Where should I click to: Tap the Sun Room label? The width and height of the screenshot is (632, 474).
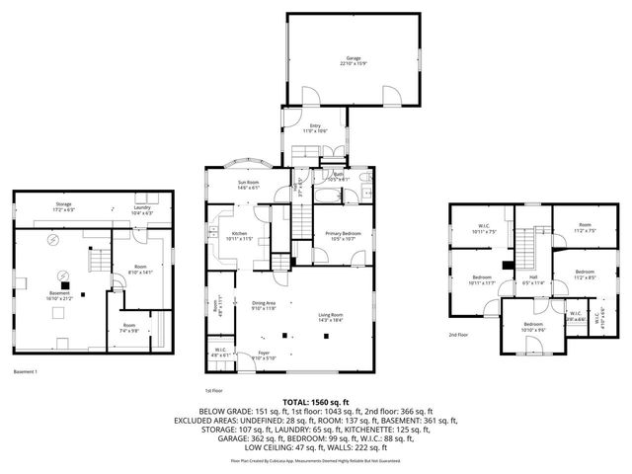click(247, 184)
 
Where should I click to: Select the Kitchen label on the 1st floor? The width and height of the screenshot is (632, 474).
click(227, 235)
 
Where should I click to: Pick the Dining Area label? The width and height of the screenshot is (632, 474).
click(264, 306)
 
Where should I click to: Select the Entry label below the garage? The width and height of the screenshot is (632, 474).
click(314, 126)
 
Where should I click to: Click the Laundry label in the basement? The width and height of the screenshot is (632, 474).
click(142, 208)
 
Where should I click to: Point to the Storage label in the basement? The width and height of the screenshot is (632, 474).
click(62, 206)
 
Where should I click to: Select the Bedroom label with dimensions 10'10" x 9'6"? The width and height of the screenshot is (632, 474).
click(533, 327)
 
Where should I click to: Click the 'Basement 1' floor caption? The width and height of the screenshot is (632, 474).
click(26, 371)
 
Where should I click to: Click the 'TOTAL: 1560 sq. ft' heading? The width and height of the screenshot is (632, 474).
click(316, 403)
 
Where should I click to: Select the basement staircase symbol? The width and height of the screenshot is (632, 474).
click(99, 262)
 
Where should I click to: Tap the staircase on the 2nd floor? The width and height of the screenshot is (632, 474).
click(534, 241)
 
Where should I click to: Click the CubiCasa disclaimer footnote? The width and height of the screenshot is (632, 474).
click(316, 460)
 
